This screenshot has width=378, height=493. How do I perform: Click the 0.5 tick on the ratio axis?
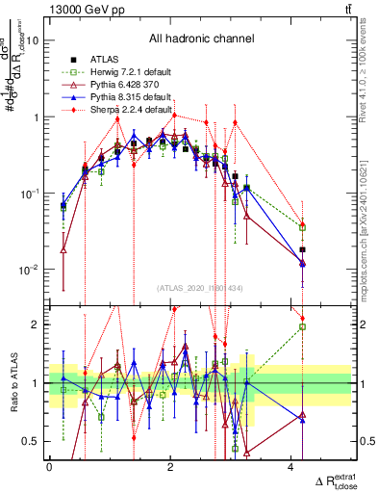click(x=33, y=442)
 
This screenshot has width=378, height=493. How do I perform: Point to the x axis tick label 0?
click(x=49, y=467)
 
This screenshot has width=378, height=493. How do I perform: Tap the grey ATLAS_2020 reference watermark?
click(x=200, y=288)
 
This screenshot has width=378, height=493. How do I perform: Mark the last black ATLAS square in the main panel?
click(x=302, y=249)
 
